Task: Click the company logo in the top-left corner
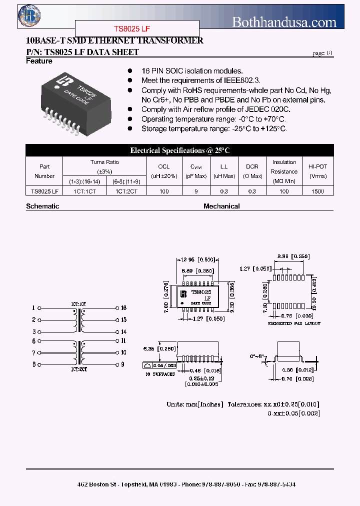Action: [29, 15]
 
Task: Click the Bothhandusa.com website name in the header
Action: [284, 21]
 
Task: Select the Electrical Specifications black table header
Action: [179, 150]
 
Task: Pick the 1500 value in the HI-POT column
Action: [317, 191]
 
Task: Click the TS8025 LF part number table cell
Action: [44, 191]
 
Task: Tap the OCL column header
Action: [164, 166]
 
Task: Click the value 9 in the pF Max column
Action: [196, 191]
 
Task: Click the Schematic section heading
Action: [42, 206]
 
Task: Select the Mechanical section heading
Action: [221, 206]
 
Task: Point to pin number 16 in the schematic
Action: [123, 308]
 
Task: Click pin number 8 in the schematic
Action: [34, 364]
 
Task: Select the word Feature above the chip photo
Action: [39, 61]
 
